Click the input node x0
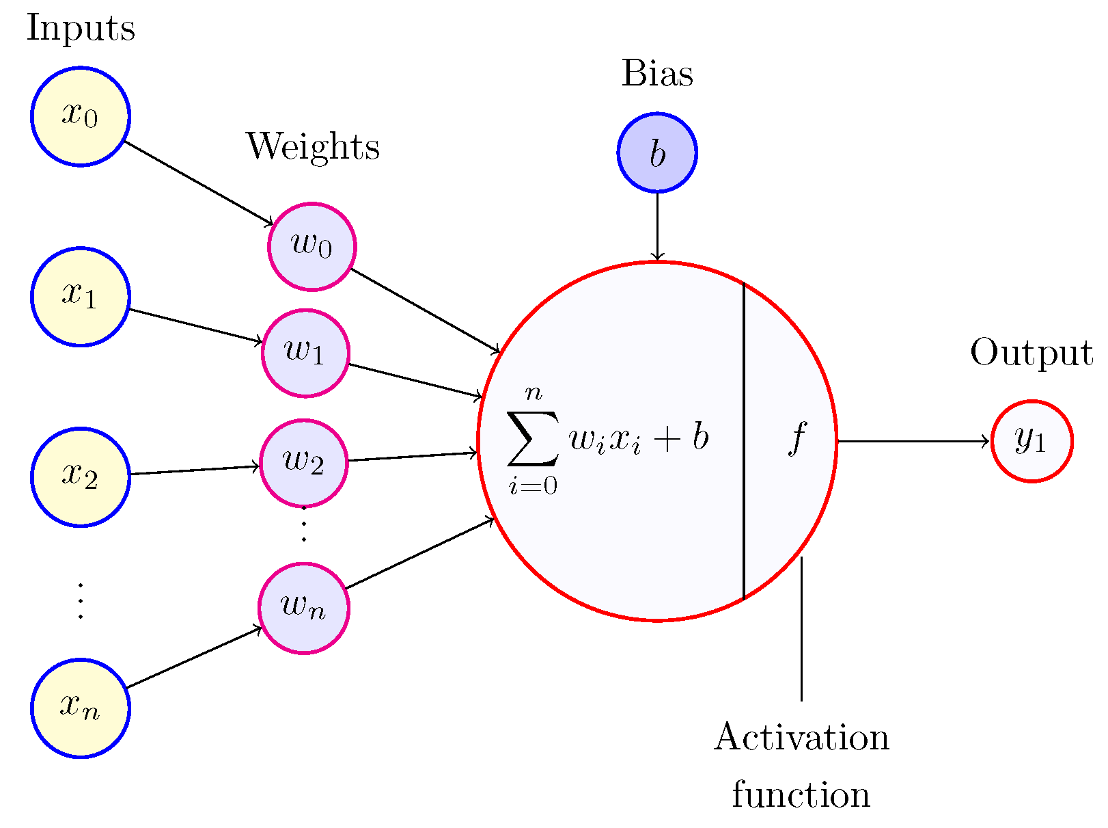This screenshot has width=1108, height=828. tap(81, 116)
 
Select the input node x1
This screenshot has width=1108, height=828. tap(81, 296)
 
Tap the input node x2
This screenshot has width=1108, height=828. tap(81, 477)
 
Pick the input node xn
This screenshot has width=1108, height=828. tap(81, 708)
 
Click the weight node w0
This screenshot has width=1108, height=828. tap(311, 246)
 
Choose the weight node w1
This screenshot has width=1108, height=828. tap(305, 353)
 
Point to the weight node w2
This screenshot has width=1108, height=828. tap(304, 463)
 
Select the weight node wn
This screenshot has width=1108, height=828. tap(303, 608)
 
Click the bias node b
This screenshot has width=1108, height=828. tap(657, 152)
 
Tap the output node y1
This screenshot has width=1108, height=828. tap(1031, 441)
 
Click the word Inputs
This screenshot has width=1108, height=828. tap(81, 29)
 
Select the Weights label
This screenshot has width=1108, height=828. tap(313, 147)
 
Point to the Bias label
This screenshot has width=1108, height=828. tap(657, 74)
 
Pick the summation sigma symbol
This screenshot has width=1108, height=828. tap(532, 438)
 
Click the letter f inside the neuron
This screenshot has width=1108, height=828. tap(796, 438)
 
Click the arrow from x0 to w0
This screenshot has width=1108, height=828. tap(198, 183)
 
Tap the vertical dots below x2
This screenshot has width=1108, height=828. tap(81, 601)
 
